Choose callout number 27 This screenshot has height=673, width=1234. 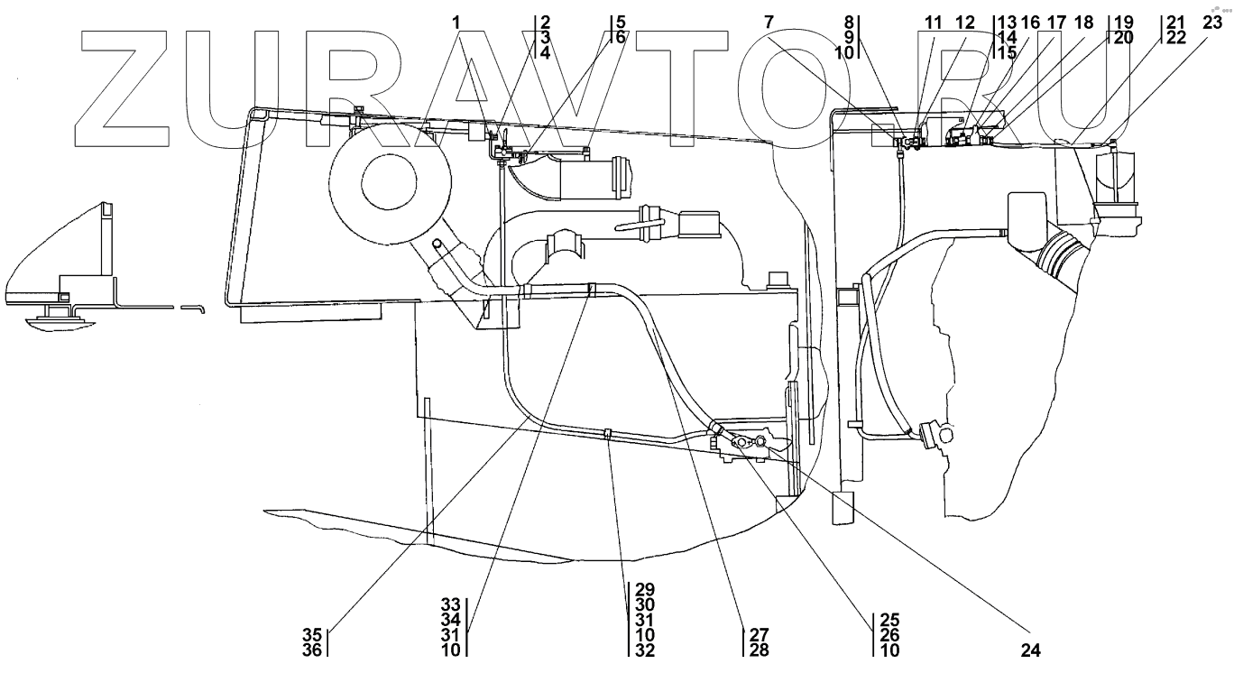pos(755,633)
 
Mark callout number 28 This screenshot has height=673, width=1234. pos(755,648)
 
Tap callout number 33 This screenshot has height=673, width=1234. pos(451,604)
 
